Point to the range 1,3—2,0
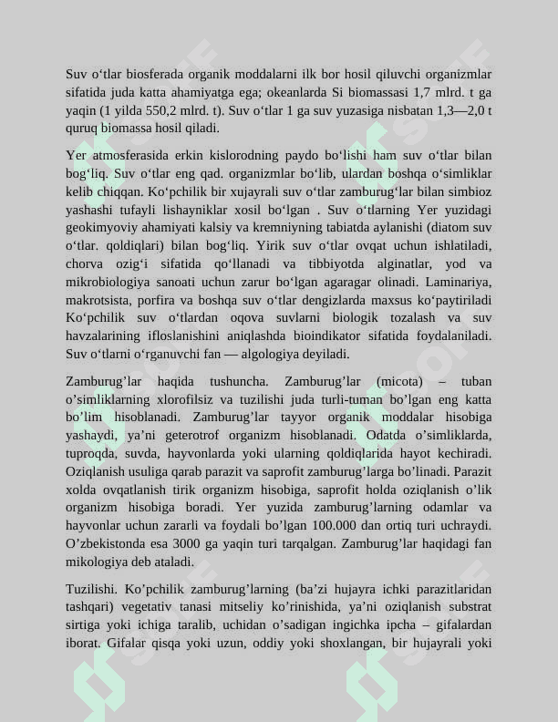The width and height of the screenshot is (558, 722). point(457,110)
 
